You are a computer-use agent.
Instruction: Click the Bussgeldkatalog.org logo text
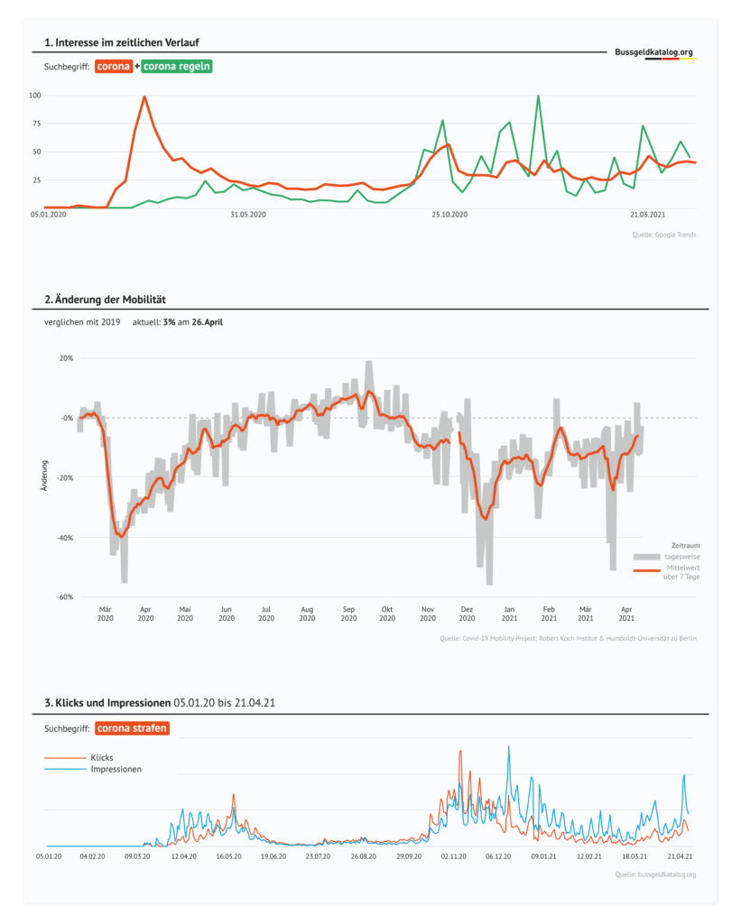(x=654, y=52)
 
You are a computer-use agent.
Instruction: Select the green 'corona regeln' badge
(x=177, y=67)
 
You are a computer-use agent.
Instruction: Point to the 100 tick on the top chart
(x=36, y=95)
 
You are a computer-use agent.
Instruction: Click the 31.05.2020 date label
(x=247, y=214)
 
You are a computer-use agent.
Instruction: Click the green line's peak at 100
(x=538, y=96)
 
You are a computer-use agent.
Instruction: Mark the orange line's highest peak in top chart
(x=144, y=97)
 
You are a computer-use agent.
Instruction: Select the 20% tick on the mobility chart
(x=66, y=358)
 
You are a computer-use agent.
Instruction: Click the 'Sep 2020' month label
(x=349, y=613)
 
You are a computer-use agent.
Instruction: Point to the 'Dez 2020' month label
(x=467, y=613)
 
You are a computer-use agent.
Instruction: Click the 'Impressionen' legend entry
(x=116, y=770)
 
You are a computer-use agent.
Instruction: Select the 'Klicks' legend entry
(x=102, y=757)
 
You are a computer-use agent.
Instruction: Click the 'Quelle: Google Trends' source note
(x=663, y=235)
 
